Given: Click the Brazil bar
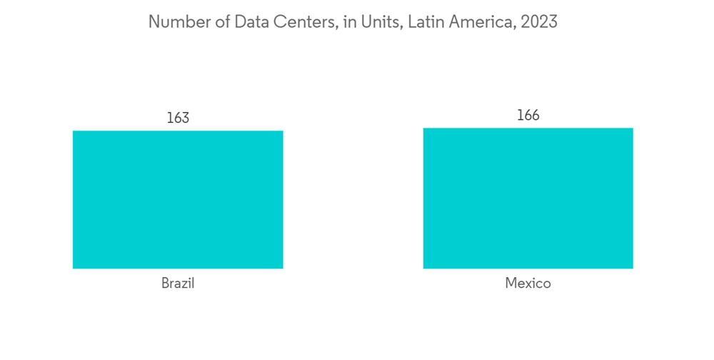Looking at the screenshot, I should click(178, 199).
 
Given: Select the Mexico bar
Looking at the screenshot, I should click(528, 198).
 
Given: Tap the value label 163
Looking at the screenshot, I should click(178, 118).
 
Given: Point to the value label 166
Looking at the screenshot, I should click(528, 115).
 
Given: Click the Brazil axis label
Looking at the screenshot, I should click(178, 284).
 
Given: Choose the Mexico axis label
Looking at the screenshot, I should click(528, 284).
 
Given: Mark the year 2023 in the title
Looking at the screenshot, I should click(539, 22).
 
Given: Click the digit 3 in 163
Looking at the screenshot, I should click(186, 118).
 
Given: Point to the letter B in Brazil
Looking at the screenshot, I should click(165, 284).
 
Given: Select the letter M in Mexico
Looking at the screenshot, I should click(511, 284).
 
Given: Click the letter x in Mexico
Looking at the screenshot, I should click(528, 284).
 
